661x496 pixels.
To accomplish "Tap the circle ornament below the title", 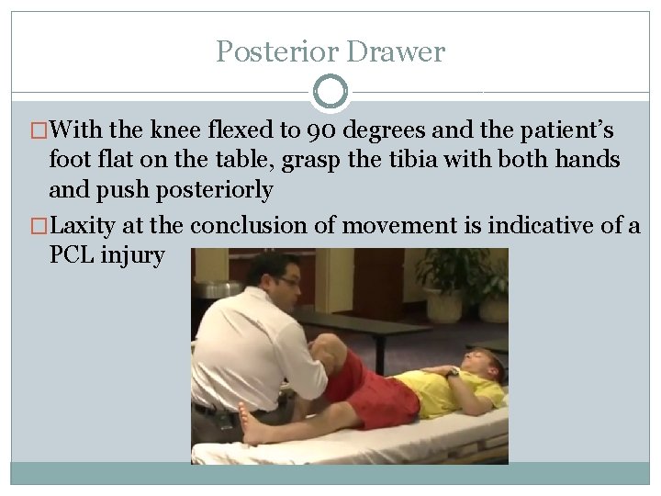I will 330,92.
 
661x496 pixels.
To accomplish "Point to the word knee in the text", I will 178,130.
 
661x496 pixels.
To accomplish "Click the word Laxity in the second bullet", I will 91,224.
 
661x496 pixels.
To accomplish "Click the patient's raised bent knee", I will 325,348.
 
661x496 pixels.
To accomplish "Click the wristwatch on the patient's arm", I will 454,371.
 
